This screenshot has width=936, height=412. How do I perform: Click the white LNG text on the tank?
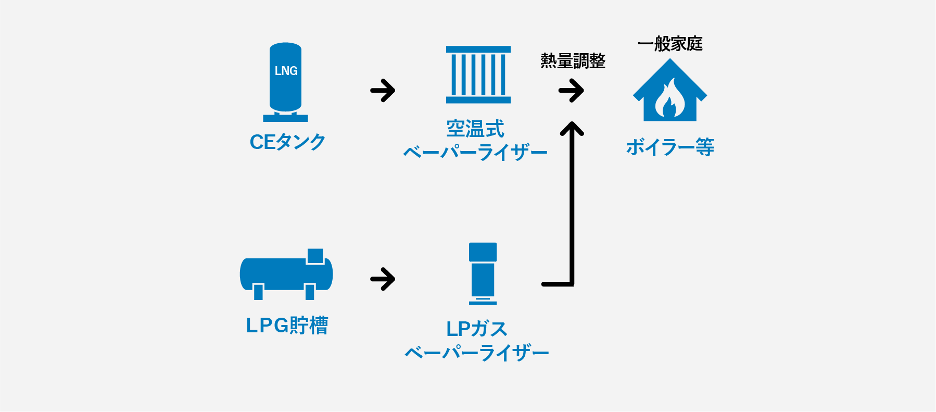286,71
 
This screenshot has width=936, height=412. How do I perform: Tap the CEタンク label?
288,142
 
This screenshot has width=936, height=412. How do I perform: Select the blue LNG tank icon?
285,82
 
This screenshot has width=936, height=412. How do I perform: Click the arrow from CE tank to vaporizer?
383,91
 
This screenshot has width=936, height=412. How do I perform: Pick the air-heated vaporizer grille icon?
478,74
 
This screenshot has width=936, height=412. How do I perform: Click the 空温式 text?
475,129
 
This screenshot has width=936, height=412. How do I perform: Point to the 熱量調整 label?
573,61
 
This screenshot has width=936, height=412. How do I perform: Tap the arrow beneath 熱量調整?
571,91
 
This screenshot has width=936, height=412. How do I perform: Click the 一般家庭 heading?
670,44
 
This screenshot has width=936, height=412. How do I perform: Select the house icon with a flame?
670,90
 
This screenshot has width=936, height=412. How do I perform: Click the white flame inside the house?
670,99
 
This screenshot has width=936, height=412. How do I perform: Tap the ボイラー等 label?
670,147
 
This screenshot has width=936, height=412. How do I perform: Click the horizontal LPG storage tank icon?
286,274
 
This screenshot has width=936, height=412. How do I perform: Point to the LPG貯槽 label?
287,326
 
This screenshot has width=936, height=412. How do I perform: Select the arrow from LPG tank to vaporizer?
383,279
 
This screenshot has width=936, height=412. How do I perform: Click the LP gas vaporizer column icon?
483,273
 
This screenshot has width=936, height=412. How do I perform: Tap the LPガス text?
477,329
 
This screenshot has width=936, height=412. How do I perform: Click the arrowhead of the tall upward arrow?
572,128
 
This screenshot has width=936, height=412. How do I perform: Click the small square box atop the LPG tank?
315,256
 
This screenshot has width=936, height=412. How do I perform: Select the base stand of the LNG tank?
285,118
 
